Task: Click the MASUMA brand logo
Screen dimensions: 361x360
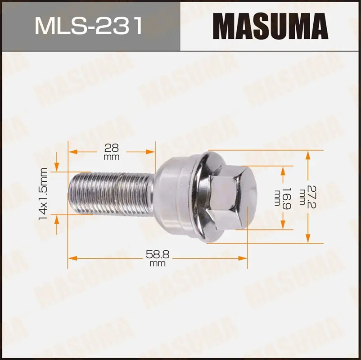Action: click(x=271, y=26)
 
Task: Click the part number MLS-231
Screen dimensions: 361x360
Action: click(x=89, y=26)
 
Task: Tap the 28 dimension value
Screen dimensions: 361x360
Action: click(x=112, y=148)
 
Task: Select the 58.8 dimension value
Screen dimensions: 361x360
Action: click(x=158, y=254)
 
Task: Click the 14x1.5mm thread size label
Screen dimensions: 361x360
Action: click(x=43, y=194)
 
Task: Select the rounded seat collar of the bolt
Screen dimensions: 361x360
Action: click(x=175, y=196)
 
